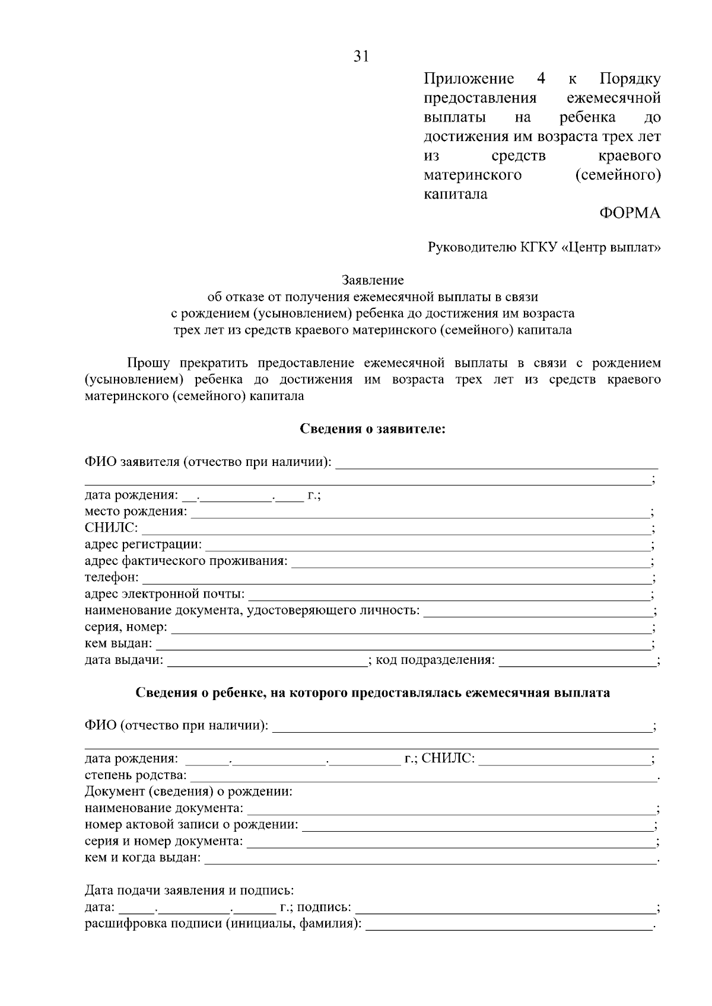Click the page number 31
pos(361,56)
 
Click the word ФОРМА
pos(630,213)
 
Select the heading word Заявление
pos(373,280)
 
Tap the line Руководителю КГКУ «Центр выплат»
pos(544,247)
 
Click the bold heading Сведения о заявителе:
pos(373,429)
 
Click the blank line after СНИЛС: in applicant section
pos(395,529)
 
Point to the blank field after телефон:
pos(396,578)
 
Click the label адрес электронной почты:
pos(164,594)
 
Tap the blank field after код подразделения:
pos(577,660)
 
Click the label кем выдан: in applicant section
pos(119,644)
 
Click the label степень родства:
pos(136,775)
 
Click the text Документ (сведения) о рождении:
pos(189,792)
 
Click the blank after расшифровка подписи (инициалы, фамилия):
pos(509,925)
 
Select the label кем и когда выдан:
pos(143,858)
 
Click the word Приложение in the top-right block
pos(469,79)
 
